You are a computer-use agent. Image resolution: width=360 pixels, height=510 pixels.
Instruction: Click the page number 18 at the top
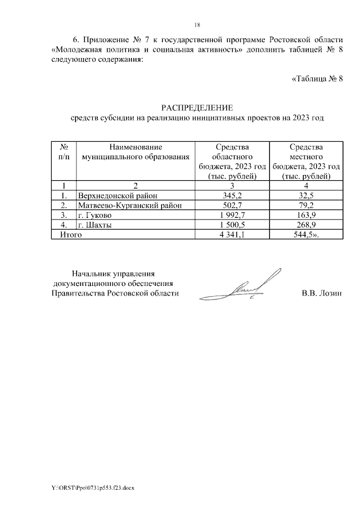click(x=197, y=25)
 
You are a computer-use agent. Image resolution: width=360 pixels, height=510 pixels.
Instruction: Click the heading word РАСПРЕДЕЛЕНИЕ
click(x=197, y=108)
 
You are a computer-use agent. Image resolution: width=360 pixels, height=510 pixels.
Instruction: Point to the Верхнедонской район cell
click(x=115, y=195)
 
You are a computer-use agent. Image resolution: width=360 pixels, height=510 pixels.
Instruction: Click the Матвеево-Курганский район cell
click(x=130, y=205)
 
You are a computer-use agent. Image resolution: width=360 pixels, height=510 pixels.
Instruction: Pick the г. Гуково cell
click(x=95, y=216)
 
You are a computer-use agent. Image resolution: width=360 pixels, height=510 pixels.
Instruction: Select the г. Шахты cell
click(x=94, y=225)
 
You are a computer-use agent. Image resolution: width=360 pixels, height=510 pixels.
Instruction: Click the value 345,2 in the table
click(x=232, y=195)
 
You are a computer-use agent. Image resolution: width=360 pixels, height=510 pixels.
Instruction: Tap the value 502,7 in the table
click(x=232, y=205)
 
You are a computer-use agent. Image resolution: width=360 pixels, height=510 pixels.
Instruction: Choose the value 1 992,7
click(x=232, y=216)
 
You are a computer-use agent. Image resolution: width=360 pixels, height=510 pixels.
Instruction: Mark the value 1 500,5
click(x=232, y=225)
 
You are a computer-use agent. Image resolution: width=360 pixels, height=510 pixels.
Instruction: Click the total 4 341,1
click(x=232, y=235)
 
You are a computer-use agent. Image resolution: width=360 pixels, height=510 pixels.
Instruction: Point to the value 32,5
click(x=306, y=195)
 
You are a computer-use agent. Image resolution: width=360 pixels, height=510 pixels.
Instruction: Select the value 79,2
click(x=306, y=205)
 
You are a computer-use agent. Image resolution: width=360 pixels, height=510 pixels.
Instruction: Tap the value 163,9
click(x=306, y=216)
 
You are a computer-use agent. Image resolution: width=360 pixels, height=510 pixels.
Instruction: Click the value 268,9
click(x=306, y=225)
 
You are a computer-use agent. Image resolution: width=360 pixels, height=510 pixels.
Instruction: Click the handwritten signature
click(x=241, y=289)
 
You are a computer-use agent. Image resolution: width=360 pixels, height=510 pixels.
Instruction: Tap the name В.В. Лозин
click(x=321, y=293)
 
